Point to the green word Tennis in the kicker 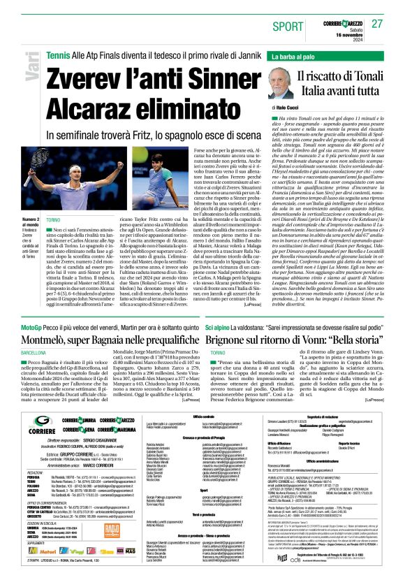point(58,55)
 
